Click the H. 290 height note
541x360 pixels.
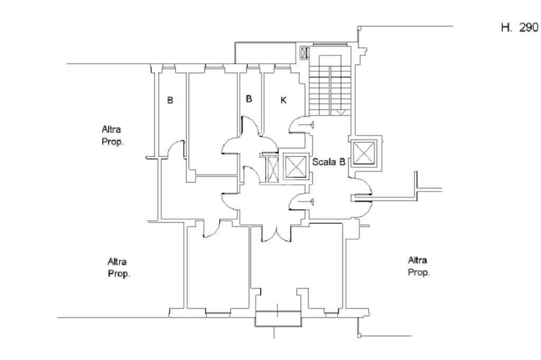(x=519, y=27)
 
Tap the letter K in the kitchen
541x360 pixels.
(x=283, y=100)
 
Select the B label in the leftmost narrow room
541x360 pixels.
(x=170, y=100)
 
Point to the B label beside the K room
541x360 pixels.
(x=249, y=99)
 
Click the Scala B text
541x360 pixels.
(x=329, y=162)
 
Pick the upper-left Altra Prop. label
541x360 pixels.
(x=113, y=136)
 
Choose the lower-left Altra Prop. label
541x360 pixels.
(x=119, y=268)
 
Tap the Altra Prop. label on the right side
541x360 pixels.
(x=418, y=266)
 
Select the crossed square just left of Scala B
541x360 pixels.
(x=295, y=167)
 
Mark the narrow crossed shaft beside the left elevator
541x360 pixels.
(x=273, y=169)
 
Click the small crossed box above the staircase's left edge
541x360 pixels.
(x=304, y=53)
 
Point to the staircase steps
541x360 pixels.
(x=330, y=91)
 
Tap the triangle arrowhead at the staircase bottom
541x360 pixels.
(x=341, y=113)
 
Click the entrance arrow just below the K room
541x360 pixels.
(x=306, y=125)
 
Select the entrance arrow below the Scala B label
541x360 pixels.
(x=306, y=202)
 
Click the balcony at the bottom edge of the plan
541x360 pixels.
(x=278, y=319)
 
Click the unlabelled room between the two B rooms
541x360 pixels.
(x=213, y=124)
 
